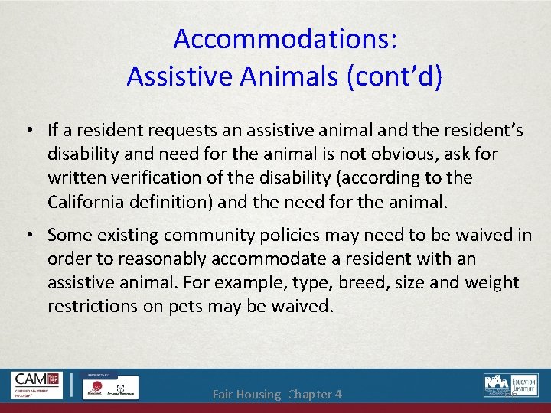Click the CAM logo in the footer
click(37, 385)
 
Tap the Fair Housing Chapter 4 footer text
click(277, 395)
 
